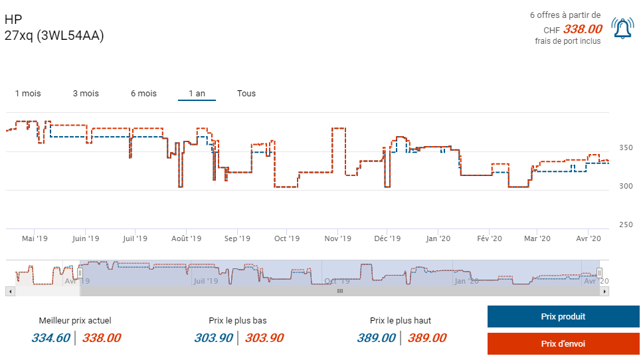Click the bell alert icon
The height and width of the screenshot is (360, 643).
622,28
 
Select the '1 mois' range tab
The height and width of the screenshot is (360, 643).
28,94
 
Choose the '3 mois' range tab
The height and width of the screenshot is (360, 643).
86,94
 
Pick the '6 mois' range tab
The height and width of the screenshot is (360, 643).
143,94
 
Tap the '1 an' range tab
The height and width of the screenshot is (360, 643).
197,94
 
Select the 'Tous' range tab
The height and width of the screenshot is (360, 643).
246,94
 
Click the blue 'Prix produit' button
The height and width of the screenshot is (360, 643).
563,317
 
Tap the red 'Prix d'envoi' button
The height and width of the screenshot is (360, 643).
563,343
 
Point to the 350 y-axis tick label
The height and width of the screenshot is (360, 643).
626,147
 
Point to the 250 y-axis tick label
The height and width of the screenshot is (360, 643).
626,225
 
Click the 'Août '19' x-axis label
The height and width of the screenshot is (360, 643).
187,238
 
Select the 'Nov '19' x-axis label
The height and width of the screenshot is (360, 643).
338,238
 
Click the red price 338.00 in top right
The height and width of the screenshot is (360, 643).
583,29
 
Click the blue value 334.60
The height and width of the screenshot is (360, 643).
50,338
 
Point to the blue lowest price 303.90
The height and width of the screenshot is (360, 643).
213,338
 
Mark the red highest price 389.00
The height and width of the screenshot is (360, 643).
426,338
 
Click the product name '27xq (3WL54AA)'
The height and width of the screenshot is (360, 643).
54,35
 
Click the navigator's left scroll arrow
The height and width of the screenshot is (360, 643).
9,291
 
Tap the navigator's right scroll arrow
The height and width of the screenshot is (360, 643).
604,291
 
